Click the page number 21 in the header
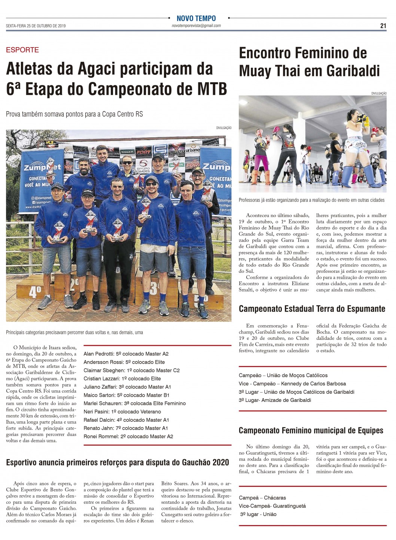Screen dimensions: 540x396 [x=383, y=26]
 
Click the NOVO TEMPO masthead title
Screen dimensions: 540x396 [x=196, y=18]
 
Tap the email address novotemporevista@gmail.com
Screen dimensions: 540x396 [x=196, y=26]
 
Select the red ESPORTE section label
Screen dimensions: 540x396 [x=22, y=50]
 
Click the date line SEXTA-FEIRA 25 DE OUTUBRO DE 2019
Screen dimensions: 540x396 [x=36, y=26]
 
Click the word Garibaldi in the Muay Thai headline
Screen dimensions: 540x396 [x=353, y=71]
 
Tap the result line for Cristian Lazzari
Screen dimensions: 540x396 [x=122, y=378]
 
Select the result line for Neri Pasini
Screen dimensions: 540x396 [x=122, y=412]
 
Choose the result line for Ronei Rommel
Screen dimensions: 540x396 [x=128, y=436]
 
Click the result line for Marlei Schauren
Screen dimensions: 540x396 [x=134, y=403]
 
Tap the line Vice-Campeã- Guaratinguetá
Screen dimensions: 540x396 [x=272, y=506]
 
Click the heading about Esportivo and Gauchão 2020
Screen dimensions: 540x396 [x=118, y=462]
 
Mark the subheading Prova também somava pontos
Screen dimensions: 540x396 [x=74, y=114]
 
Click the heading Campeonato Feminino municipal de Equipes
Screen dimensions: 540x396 [x=311, y=430]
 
